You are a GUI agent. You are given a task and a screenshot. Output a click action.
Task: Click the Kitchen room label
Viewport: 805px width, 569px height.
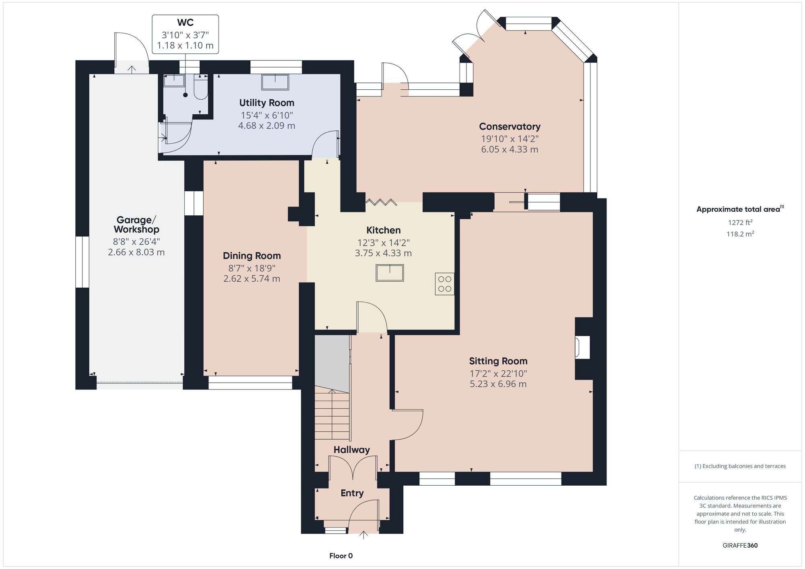pos(383,230)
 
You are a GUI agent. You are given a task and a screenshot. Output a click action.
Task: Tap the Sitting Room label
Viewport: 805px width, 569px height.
pos(498,361)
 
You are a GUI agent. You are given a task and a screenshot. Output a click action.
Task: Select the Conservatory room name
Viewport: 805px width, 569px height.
pos(510,126)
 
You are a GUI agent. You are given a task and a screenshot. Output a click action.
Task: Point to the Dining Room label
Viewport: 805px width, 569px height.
pos(252,256)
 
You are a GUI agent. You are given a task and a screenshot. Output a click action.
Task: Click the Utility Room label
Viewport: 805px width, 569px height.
pos(266,103)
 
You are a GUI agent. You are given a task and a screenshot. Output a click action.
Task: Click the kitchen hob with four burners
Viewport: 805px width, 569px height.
pos(444,284)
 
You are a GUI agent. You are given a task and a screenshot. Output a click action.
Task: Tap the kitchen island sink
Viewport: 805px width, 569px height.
pos(390,272)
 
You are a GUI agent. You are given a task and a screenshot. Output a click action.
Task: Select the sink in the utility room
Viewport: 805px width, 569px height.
pos(275,82)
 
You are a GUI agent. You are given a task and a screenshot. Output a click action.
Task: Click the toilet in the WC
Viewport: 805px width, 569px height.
pos(200,87)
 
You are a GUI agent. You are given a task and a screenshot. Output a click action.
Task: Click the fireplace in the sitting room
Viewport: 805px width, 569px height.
pos(582,347)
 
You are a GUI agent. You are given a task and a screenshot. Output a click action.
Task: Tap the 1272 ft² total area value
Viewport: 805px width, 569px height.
pos(740,222)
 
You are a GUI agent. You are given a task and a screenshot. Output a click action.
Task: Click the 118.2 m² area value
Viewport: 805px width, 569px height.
pos(740,234)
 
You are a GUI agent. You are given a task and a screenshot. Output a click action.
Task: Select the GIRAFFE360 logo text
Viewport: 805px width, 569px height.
pos(740,546)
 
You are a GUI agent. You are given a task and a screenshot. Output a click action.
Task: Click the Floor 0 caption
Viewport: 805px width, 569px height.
pos(341,556)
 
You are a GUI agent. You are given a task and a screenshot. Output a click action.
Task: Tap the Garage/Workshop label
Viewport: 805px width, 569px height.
pos(136,225)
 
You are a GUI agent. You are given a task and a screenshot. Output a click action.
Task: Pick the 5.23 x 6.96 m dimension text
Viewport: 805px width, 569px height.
pos(498,384)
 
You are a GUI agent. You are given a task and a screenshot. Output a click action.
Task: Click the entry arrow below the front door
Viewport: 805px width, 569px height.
pos(363,535)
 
